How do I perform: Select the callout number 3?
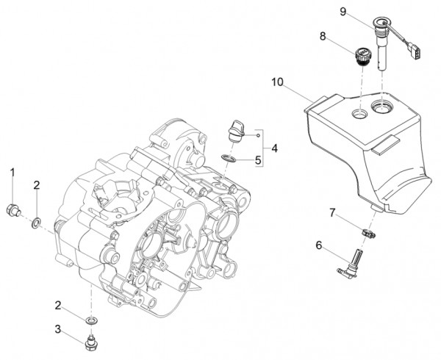pos(58,328)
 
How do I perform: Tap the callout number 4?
pos(275,148)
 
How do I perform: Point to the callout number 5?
pos(258,159)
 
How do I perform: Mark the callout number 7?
pos(333,213)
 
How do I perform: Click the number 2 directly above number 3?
pos(58,304)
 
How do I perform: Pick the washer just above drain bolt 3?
pos(90,321)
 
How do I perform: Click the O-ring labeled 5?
pos(229,156)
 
